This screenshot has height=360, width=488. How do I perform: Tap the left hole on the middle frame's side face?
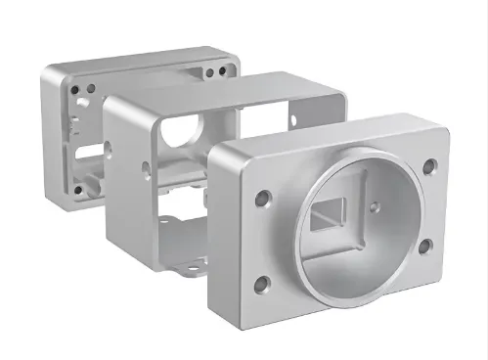click(146, 168)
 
